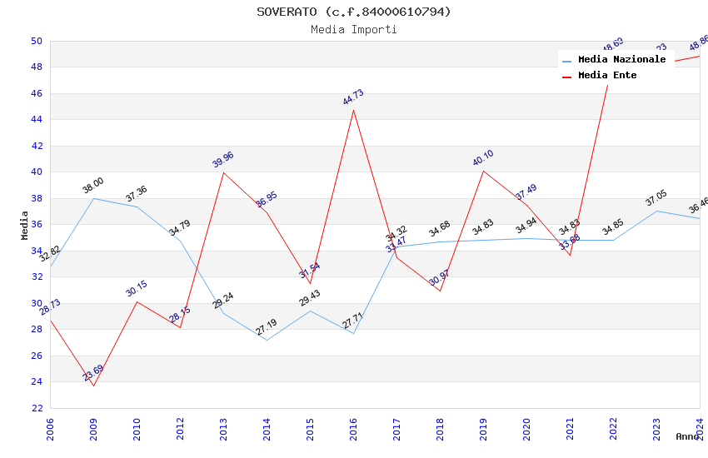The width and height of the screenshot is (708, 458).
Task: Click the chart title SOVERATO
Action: [x=353, y=12]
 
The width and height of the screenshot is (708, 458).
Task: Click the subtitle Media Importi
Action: [x=353, y=29]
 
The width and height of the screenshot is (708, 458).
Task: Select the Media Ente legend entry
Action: [x=607, y=76]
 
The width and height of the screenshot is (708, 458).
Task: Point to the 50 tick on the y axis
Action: [x=36, y=41]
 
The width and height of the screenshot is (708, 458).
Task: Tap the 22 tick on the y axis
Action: [x=36, y=408]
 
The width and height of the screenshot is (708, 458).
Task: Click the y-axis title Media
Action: [x=25, y=225]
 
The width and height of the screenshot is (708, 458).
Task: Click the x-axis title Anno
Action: [x=687, y=436]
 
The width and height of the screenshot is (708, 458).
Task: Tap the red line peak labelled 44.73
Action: [x=353, y=110]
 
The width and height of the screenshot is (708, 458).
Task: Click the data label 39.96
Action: [x=223, y=159]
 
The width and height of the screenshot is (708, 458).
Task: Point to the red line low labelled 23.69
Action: [x=93, y=386]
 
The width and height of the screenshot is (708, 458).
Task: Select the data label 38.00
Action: [x=93, y=185]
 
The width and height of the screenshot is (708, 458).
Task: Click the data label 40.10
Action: [x=483, y=158]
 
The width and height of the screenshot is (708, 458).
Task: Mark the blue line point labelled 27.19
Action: [x=267, y=340]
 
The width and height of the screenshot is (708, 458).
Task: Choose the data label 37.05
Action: [x=656, y=198]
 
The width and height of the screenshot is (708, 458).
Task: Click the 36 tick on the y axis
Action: [x=36, y=225]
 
